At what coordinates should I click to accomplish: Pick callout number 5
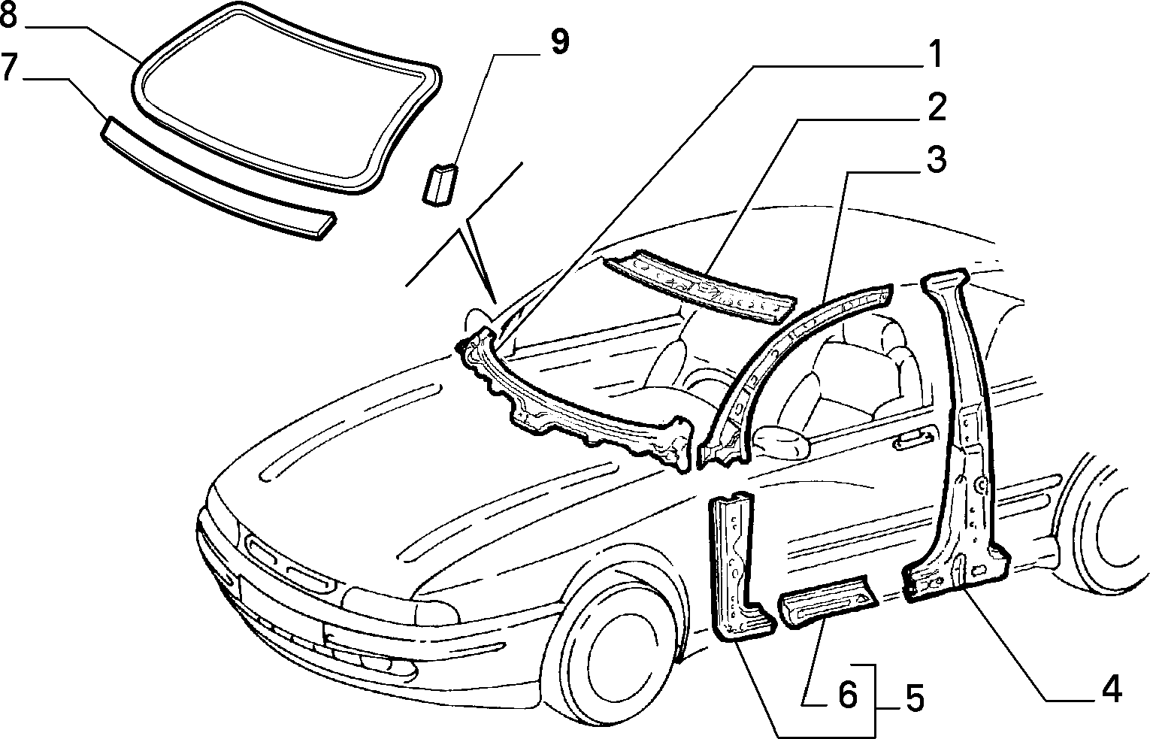pos(912,699)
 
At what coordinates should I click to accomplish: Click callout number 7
pos(9,68)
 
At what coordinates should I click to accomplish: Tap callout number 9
pos(558,42)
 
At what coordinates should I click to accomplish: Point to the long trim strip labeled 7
pos(218,179)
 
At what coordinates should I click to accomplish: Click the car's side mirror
pos(782,442)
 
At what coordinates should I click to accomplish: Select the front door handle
pos(912,442)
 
